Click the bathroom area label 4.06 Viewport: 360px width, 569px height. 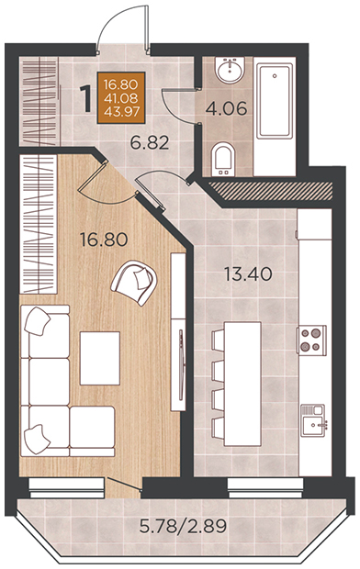click(x=226, y=108)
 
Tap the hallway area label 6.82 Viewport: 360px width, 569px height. click(x=150, y=143)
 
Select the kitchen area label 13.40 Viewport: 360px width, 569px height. click(x=248, y=274)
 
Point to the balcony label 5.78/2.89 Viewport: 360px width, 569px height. click(x=184, y=526)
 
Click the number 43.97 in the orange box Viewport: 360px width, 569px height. click(x=121, y=111)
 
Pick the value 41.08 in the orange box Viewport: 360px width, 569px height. click(x=121, y=98)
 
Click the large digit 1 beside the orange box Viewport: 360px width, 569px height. click(x=86, y=99)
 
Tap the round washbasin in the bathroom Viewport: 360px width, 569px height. click(x=230, y=70)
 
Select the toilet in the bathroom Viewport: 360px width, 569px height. click(x=222, y=159)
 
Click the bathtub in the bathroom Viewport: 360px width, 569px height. click(x=275, y=101)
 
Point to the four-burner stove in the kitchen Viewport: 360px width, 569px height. click(x=311, y=340)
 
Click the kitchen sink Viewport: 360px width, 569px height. click(x=314, y=420)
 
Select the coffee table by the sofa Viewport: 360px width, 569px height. click(x=100, y=358)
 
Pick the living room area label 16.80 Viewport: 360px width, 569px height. click(x=104, y=240)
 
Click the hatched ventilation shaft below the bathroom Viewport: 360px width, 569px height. click(x=271, y=191)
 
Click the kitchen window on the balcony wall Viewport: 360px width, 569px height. click(x=265, y=487)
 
